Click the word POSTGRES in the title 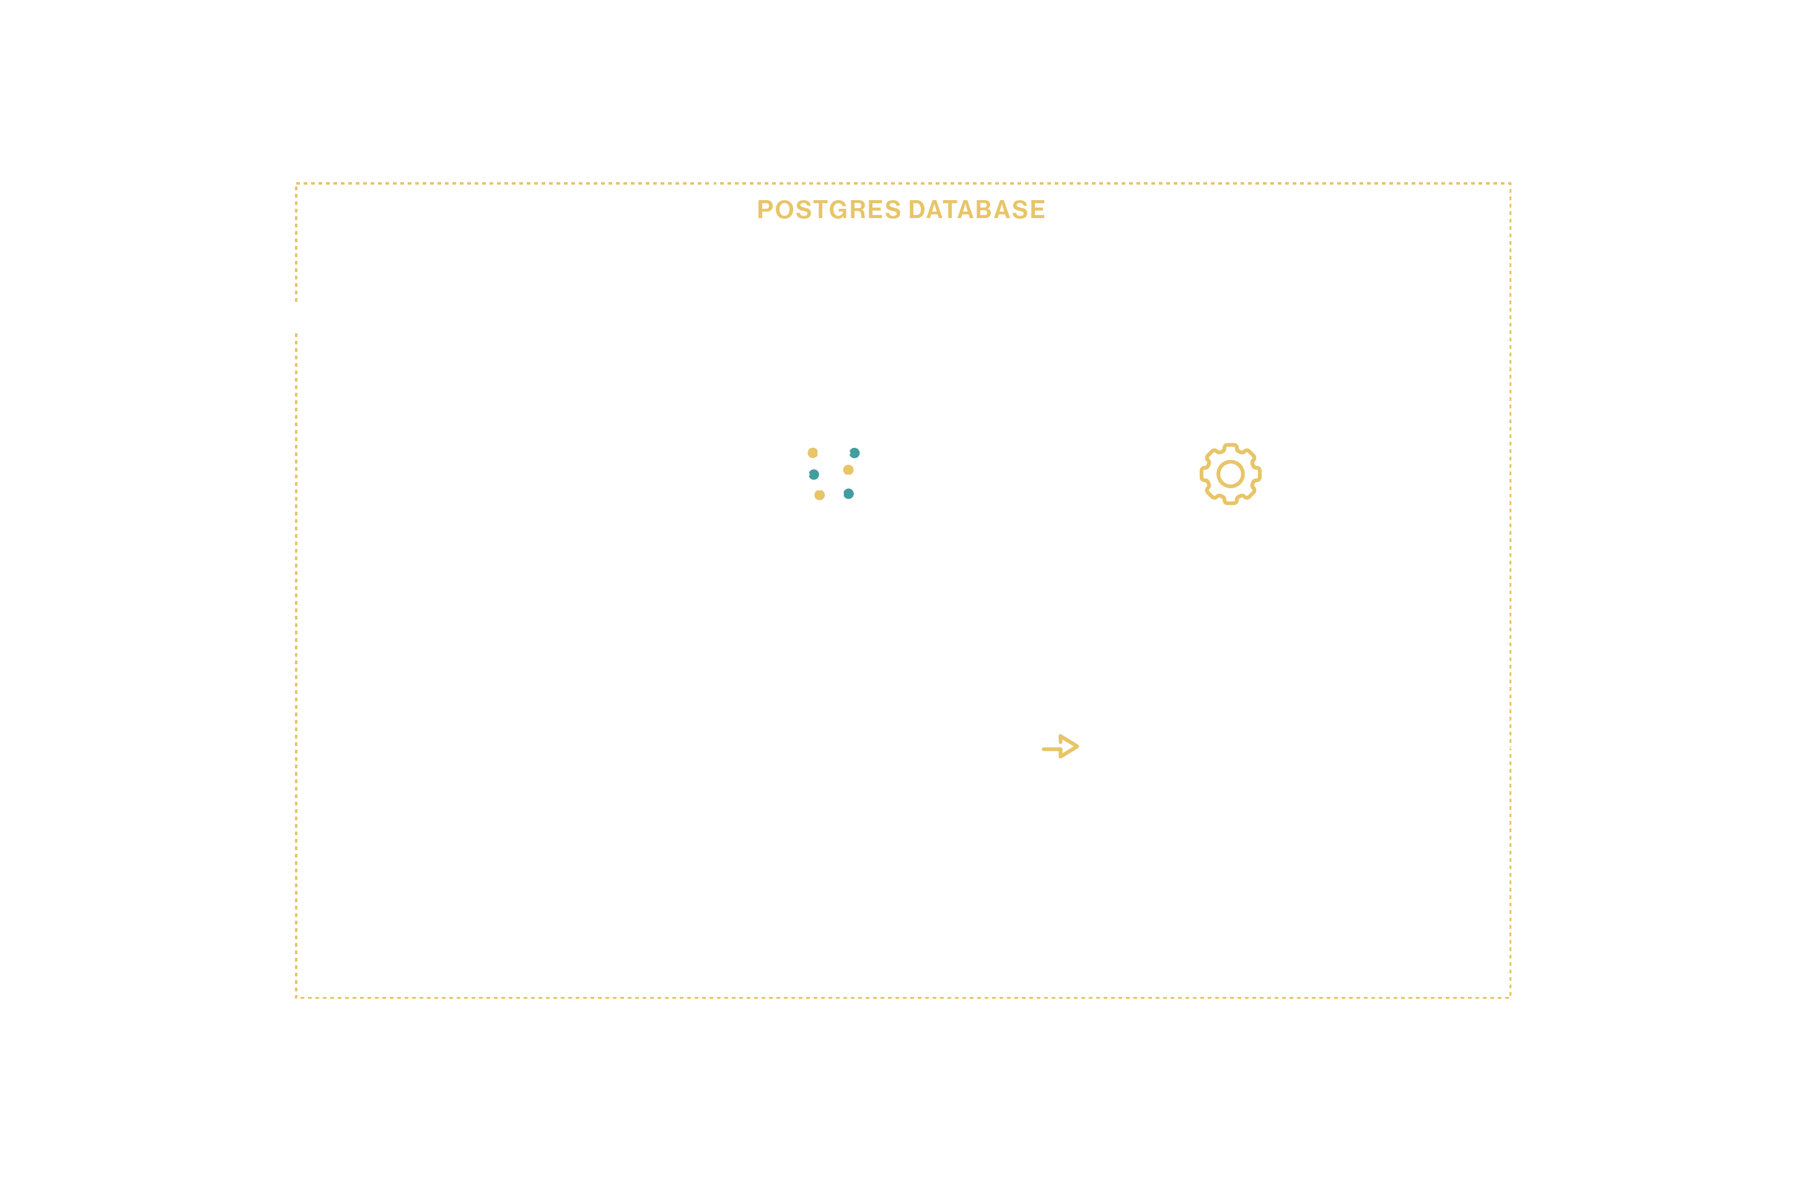click(x=828, y=209)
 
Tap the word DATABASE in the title click(x=977, y=209)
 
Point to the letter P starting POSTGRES click(x=764, y=209)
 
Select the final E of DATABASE click(x=1038, y=209)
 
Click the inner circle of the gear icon click(x=1230, y=475)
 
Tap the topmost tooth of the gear click(x=1230, y=447)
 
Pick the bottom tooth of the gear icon click(x=1230, y=502)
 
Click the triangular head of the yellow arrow click(x=1070, y=746)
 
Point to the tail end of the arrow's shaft click(x=1045, y=749)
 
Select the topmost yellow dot click(x=812, y=453)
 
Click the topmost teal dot click(x=855, y=453)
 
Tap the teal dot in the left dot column click(x=814, y=475)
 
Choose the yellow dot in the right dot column click(x=848, y=470)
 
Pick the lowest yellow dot click(x=819, y=495)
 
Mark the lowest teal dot click(x=848, y=494)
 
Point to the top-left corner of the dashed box click(x=297, y=184)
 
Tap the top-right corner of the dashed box click(x=1510, y=184)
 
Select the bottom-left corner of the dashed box click(x=297, y=998)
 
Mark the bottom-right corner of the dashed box click(x=1510, y=998)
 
